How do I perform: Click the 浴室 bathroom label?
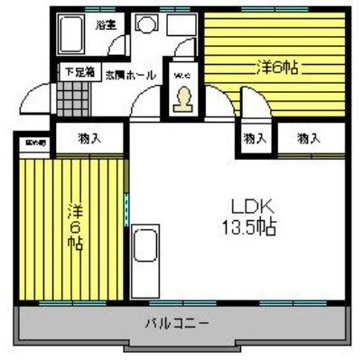[106, 24]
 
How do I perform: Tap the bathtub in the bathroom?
[73, 37]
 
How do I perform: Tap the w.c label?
[181, 75]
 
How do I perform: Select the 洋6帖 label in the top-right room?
[277, 67]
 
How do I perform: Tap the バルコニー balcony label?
[178, 322]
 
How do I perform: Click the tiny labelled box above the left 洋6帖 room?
[33, 143]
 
